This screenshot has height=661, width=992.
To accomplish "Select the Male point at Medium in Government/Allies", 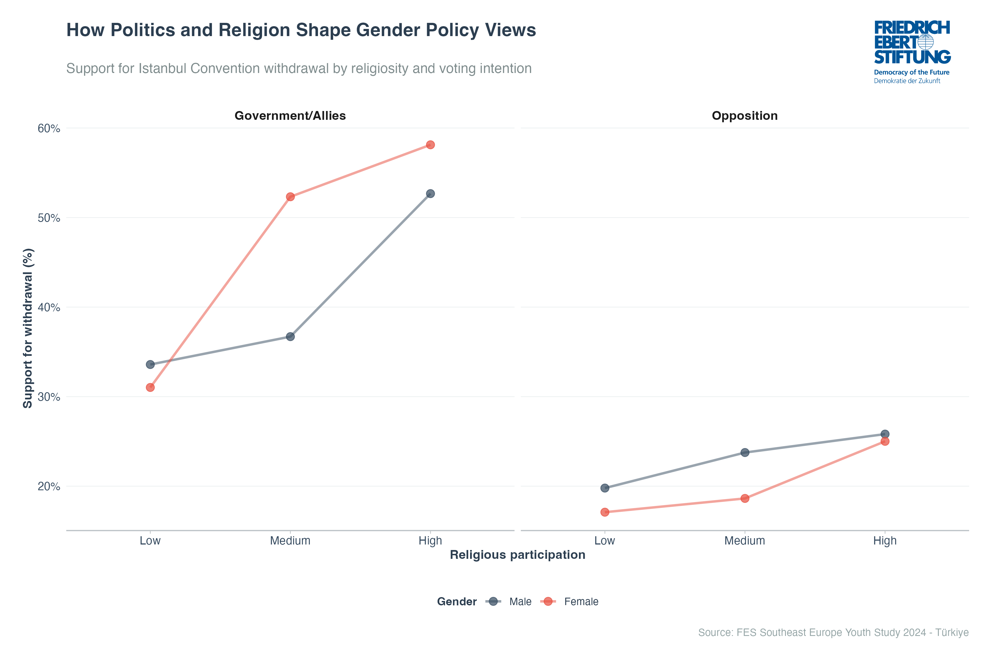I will tap(290, 336).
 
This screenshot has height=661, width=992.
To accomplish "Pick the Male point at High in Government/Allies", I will tap(430, 194).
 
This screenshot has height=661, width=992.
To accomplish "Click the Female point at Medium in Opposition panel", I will tap(745, 498).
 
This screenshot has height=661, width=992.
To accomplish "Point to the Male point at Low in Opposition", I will tap(605, 488).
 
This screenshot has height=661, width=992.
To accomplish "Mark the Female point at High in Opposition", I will tap(885, 441).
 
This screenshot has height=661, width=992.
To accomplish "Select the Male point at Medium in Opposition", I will tap(745, 452).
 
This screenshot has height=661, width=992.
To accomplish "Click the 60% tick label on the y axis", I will tap(49, 128).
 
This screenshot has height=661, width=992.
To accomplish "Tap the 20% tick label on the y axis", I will tap(49, 486).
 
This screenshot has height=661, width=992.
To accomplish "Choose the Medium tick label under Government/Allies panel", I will tap(290, 541).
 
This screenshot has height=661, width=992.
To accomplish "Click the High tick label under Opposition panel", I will tap(885, 541).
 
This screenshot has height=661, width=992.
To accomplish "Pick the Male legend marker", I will tap(493, 602).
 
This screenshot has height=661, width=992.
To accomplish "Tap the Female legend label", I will tap(581, 602).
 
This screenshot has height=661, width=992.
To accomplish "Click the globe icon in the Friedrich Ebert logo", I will tap(926, 42).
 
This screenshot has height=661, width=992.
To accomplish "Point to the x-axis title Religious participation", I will tap(517, 555).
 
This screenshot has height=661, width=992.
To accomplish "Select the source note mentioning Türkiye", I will tap(833, 632).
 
